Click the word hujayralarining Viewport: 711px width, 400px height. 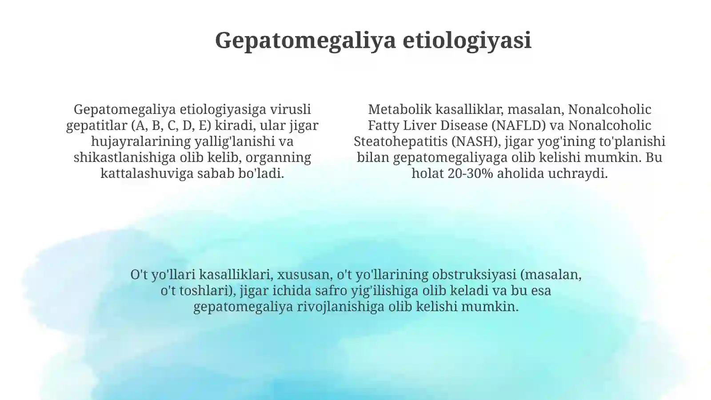[x=141, y=141]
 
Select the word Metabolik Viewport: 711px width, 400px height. [x=400, y=109]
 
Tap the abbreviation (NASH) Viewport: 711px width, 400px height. [x=476, y=141]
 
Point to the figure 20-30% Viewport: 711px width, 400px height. [x=470, y=173]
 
